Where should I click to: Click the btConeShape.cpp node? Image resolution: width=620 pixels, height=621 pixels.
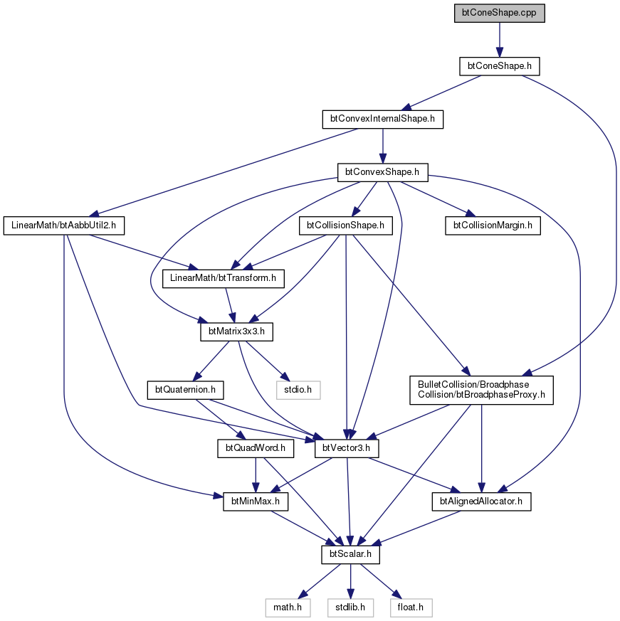[499, 13]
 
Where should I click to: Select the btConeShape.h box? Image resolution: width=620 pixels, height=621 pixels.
[499, 66]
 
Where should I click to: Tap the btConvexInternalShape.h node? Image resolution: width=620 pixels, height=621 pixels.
[382, 120]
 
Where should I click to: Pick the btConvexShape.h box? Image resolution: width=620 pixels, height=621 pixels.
[382, 172]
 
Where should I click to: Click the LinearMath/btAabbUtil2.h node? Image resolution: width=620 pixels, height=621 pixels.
[64, 225]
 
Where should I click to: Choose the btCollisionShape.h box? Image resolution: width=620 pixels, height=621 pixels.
[346, 225]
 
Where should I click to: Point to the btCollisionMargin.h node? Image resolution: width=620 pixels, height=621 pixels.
[493, 225]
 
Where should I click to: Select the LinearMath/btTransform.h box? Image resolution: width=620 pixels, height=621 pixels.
[224, 278]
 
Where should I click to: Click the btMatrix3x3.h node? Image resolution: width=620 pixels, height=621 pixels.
[236, 331]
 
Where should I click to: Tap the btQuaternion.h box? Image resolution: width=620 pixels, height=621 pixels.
[185, 390]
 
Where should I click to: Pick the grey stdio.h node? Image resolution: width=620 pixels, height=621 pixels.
[298, 390]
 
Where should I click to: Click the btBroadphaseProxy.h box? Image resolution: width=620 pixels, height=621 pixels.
[481, 390]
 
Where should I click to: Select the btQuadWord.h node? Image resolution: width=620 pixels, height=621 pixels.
[256, 448]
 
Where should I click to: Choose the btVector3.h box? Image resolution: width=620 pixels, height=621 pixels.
[347, 448]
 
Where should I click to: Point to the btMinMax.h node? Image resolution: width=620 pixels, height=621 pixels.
[256, 501]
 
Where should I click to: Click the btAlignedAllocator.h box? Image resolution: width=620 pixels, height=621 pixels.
[481, 501]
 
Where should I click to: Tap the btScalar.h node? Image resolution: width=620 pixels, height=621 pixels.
[350, 554]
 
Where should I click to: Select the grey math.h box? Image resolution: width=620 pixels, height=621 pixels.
[288, 607]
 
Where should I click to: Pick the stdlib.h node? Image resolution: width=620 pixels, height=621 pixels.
[350, 607]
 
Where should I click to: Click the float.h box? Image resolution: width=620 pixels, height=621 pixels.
[411, 607]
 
